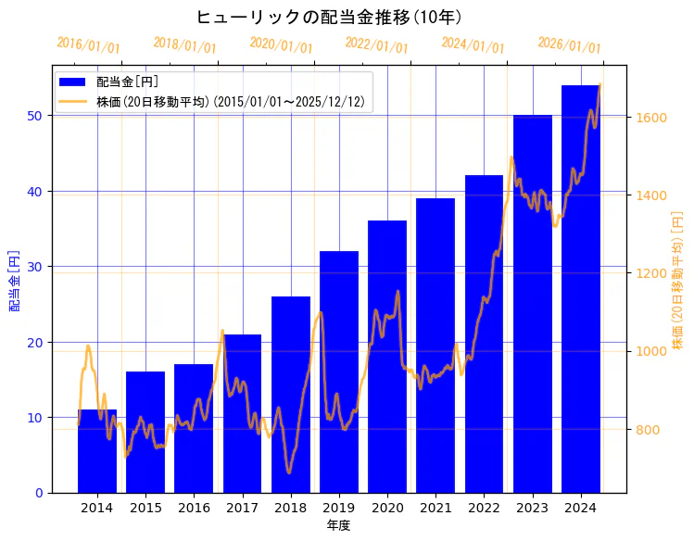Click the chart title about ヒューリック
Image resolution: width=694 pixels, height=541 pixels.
coord(329,17)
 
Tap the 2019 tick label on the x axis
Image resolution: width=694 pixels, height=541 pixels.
coord(339,508)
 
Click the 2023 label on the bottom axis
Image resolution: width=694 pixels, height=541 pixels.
coord(532,508)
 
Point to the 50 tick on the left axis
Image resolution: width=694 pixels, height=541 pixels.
coord(33,116)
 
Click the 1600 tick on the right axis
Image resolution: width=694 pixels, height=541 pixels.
coord(649,118)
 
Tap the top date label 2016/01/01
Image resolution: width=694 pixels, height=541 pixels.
coord(88,44)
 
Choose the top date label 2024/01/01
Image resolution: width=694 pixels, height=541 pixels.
coord(473,44)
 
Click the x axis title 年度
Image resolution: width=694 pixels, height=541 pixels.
coord(338,525)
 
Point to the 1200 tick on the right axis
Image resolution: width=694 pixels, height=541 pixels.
coord(649,273)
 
